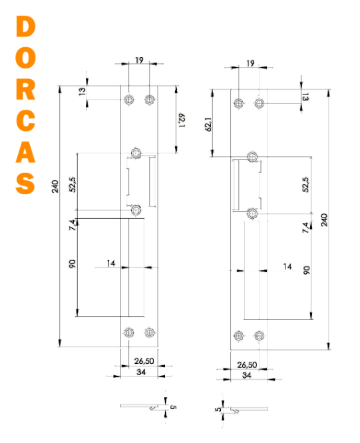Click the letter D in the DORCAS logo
(25, 27)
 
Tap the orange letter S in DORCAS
(25, 183)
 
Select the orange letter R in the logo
(25, 90)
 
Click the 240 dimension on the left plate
(55, 186)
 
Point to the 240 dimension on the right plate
(324, 220)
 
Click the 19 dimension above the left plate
(139, 60)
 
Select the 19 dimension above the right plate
(250, 63)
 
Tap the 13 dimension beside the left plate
(82, 91)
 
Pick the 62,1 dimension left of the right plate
(208, 124)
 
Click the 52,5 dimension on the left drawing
(73, 184)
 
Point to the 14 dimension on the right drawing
(287, 267)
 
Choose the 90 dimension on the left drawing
(73, 264)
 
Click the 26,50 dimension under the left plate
(144, 361)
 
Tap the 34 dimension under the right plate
(247, 375)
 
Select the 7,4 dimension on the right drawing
(306, 227)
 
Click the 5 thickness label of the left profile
(173, 407)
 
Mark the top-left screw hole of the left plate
(129, 100)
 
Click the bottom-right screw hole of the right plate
(259, 336)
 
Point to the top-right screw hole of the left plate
(150, 100)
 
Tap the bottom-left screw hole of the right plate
(239, 336)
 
